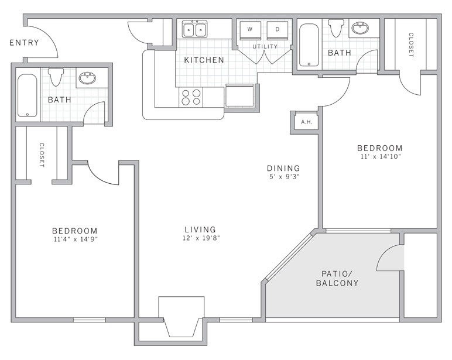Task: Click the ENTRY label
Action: coord(24,43)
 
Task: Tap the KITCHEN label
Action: coord(204,60)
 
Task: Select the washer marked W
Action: coord(249,29)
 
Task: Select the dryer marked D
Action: coord(278,29)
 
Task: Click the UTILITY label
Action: coord(265,47)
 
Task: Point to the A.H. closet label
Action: coord(306,122)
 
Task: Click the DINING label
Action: coord(283,168)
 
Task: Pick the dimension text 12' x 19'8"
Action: coord(200,238)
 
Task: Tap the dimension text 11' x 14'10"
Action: coord(381,157)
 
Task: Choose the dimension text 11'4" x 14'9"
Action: coord(74,239)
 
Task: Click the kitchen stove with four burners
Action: coord(191,97)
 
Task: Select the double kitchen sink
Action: coord(194,29)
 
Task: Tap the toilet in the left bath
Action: coord(56,77)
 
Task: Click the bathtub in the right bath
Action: coord(309,45)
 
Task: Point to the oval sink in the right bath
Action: coord(360,28)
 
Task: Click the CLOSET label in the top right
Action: coord(410,44)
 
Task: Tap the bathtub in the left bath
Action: coord(27,94)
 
